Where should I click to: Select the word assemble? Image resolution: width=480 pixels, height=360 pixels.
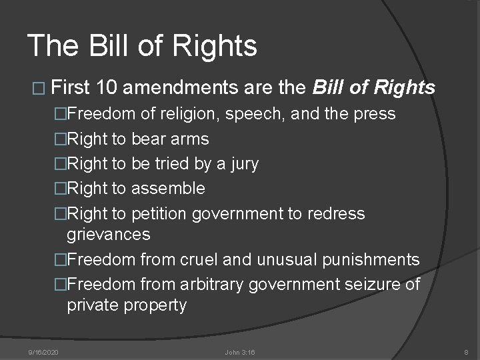pos(168,189)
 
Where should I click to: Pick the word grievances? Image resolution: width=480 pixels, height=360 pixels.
pos(109,235)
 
